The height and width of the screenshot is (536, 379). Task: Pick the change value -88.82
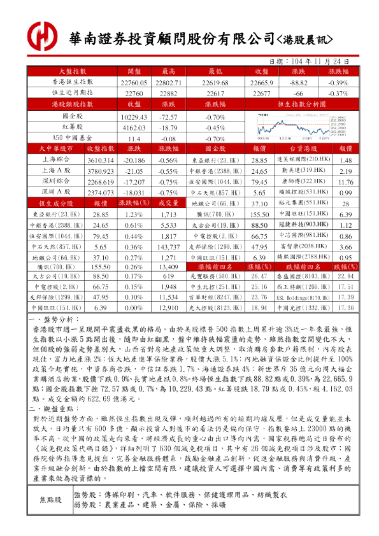tap(299, 83)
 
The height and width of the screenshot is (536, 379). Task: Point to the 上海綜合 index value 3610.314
tap(100, 160)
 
